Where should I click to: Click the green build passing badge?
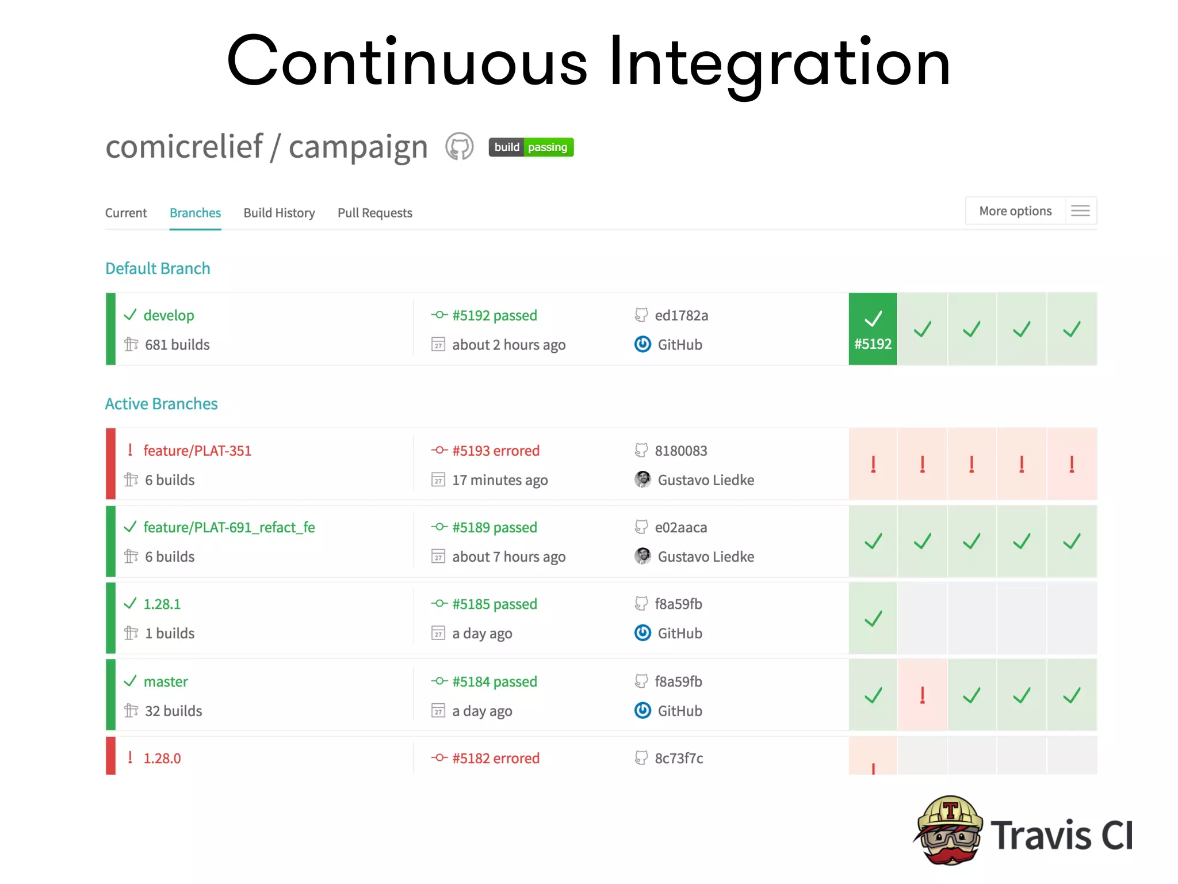point(530,147)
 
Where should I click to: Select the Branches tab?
point(195,213)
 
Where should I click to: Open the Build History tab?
point(279,213)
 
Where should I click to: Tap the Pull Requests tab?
point(374,213)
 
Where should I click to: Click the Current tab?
point(126,213)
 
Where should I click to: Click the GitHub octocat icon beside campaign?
point(459,147)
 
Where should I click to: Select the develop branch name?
point(169,315)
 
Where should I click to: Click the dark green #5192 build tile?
point(873,329)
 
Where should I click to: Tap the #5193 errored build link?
point(495,451)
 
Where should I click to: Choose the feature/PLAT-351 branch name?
point(197,451)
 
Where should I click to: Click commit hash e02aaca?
point(680,528)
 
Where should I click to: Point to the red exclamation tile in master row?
point(922,695)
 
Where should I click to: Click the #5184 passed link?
point(494,682)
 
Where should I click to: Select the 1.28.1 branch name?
point(162,604)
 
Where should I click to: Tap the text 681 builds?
point(177,345)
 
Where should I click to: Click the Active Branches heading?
point(161,404)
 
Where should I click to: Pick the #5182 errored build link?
point(495,759)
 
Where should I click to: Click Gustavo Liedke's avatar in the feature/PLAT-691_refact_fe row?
point(642,556)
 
